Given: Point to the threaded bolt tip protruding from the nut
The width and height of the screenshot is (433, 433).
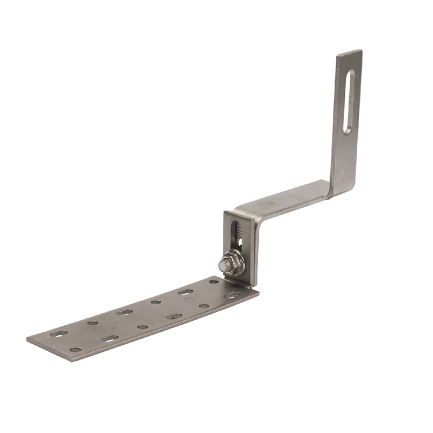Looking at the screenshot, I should pyautogui.click(x=224, y=265).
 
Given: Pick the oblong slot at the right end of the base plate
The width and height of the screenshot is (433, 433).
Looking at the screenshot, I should pyautogui.click(x=233, y=296).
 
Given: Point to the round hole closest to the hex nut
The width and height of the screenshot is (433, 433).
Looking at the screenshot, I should pyautogui.click(x=214, y=282).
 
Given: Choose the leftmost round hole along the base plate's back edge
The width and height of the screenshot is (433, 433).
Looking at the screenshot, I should pyautogui.click(x=93, y=323).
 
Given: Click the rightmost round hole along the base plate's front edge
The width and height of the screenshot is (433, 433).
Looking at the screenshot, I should pyautogui.click(x=204, y=306).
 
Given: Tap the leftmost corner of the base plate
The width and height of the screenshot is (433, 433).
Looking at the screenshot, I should pyautogui.click(x=28, y=340).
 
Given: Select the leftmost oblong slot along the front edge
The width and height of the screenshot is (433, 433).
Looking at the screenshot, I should pyautogui.click(x=110, y=339).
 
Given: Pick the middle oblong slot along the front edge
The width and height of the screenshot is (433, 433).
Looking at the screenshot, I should pyautogui.click(x=174, y=316).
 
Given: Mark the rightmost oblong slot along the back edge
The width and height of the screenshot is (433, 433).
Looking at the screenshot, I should pyautogui.click(x=186, y=292).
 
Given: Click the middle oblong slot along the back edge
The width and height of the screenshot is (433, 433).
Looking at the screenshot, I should pyautogui.click(x=124, y=312).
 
